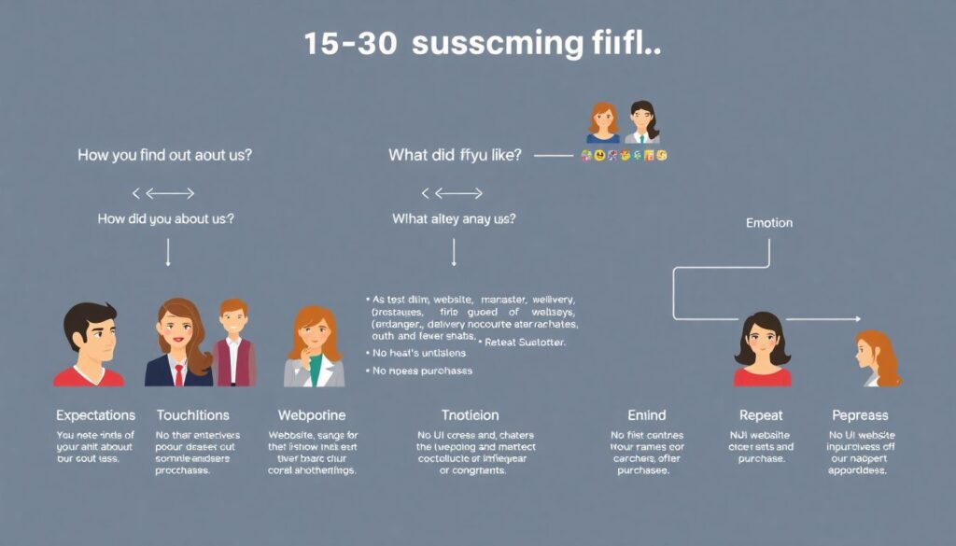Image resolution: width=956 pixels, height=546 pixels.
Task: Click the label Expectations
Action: (x=95, y=415)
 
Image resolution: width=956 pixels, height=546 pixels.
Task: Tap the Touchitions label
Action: (x=193, y=415)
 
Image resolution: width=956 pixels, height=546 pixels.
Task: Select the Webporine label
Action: (x=312, y=415)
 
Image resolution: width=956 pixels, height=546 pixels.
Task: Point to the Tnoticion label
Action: (x=470, y=415)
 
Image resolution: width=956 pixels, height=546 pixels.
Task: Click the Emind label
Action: (x=646, y=415)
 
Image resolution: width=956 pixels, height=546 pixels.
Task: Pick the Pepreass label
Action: (x=860, y=415)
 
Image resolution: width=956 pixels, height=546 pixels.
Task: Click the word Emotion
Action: (x=769, y=223)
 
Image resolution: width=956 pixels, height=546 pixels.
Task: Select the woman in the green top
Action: (x=315, y=347)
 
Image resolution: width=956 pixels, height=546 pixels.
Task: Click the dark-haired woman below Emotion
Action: (x=762, y=349)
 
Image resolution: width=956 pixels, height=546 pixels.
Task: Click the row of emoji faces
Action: (x=624, y=155)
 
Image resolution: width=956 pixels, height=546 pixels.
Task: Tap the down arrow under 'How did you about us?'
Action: (x=168, y=252)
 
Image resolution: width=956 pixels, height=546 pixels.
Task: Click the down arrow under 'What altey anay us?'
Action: (x=454, y=252)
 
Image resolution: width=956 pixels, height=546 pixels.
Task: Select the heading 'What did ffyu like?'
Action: (x=455, y=155)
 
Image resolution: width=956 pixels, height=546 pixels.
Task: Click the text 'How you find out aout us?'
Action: (x=164, y=155)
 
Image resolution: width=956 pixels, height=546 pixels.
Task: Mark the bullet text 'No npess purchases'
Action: (x=422, y=371)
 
